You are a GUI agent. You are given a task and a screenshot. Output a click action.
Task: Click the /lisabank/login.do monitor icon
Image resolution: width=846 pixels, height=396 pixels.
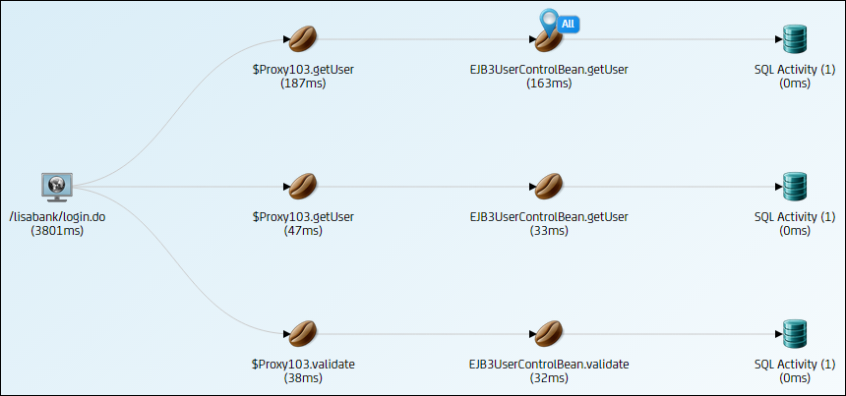[57, 185]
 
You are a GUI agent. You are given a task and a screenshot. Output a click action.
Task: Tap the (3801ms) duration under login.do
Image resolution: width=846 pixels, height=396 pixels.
[57, 231]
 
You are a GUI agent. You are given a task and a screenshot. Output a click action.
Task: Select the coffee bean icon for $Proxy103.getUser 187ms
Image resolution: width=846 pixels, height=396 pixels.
[302, 39]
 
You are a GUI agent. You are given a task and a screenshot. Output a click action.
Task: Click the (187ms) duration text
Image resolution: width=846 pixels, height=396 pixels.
[302, 84]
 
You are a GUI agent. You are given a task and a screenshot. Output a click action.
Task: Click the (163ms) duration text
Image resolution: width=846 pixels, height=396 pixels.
[548, 84]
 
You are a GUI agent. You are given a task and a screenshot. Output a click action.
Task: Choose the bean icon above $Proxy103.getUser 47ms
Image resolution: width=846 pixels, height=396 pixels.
[302, 186]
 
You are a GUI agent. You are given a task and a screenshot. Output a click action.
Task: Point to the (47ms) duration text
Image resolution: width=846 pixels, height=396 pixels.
[302, 231]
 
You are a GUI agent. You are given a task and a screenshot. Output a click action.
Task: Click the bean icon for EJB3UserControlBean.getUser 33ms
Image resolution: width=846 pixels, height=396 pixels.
[548, 186]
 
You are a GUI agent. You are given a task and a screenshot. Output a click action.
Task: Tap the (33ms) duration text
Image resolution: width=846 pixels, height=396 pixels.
[548, 231]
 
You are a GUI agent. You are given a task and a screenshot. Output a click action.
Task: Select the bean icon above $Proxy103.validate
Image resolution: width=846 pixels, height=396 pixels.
[302, 333]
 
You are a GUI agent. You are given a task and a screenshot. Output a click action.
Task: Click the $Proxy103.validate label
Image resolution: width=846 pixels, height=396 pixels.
[302, 364]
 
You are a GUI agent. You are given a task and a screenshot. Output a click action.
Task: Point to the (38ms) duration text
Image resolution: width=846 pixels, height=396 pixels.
[302, 377]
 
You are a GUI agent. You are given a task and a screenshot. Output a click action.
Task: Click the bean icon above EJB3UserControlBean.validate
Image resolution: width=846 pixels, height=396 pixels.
[548, 333]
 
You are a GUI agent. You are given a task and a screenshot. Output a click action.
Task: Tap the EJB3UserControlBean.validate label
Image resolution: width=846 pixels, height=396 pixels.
[548, 364]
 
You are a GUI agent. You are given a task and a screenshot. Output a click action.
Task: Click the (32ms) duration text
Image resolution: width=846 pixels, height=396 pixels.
[548, 377]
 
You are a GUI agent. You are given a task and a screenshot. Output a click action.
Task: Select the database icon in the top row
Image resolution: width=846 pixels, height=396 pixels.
[794, 39]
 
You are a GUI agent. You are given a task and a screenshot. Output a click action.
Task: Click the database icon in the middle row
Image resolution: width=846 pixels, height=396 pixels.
[794, 186]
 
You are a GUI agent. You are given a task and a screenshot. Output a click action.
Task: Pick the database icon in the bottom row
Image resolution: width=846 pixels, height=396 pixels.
[794, 333]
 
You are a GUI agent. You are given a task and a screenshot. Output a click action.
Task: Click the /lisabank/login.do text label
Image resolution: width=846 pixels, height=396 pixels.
[57, 217]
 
